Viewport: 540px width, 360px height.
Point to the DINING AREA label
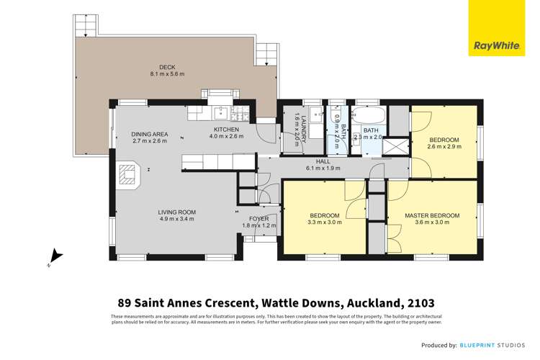tap(149, 135)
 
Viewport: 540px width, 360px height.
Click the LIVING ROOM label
tap(177, 212)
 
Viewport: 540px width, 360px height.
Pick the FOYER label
tap(258, 218)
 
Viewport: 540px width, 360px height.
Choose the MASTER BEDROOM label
tap(432, 215)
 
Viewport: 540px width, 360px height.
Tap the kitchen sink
tap(221, 113)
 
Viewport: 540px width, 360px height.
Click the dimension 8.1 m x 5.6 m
tap(167, 74)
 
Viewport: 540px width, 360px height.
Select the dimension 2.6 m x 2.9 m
tap(444, 146)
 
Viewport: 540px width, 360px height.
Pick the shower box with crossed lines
tap(396, 146)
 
